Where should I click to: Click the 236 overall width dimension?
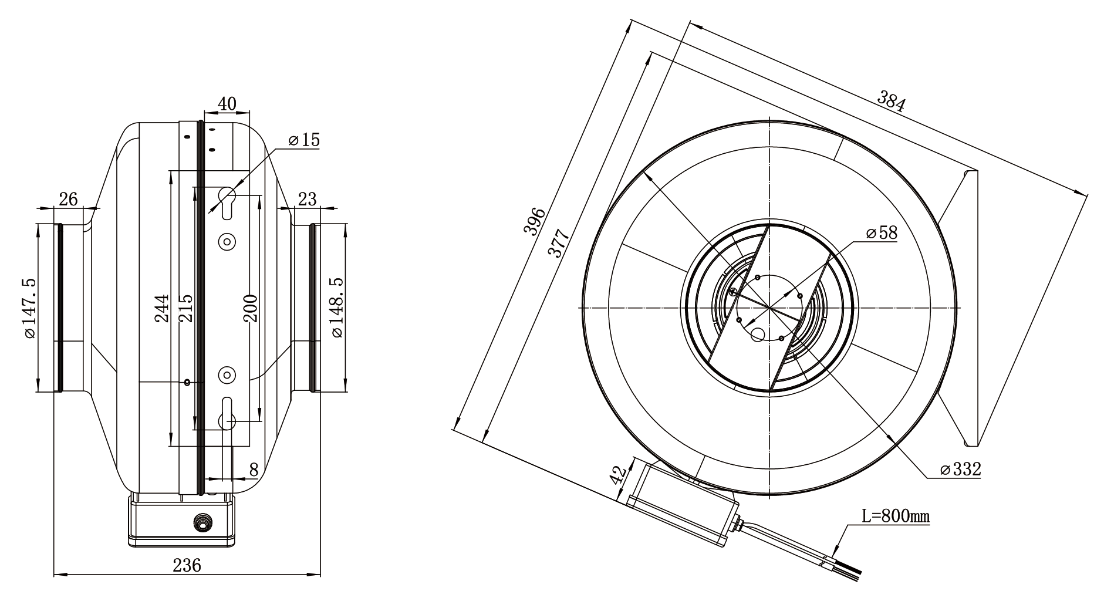pyautogui.click(x=187, y=565)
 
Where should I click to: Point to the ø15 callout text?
pyautogui.click(x=304, y=140)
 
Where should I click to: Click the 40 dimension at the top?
pyautogui.click(x=227, y=103)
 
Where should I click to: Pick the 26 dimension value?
pyautogui.click(x=68, y=199)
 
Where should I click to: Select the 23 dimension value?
pyautogui.click(x=307, y=199)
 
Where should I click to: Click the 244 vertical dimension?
pyautogui.click(x=161, y=308)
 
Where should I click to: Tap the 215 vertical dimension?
pyautogui.click(x=185, y=308)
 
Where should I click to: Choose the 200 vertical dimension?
pyautogui.click(x=251, y=308)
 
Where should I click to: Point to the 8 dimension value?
pyautogui.click(x=254, y=469)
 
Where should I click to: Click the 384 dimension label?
pyautogui.click(x=892, y=101)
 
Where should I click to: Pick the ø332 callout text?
pyautogui.click(x=960, y=469)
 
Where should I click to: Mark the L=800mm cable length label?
pyautogui.click(x=895, y=516)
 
